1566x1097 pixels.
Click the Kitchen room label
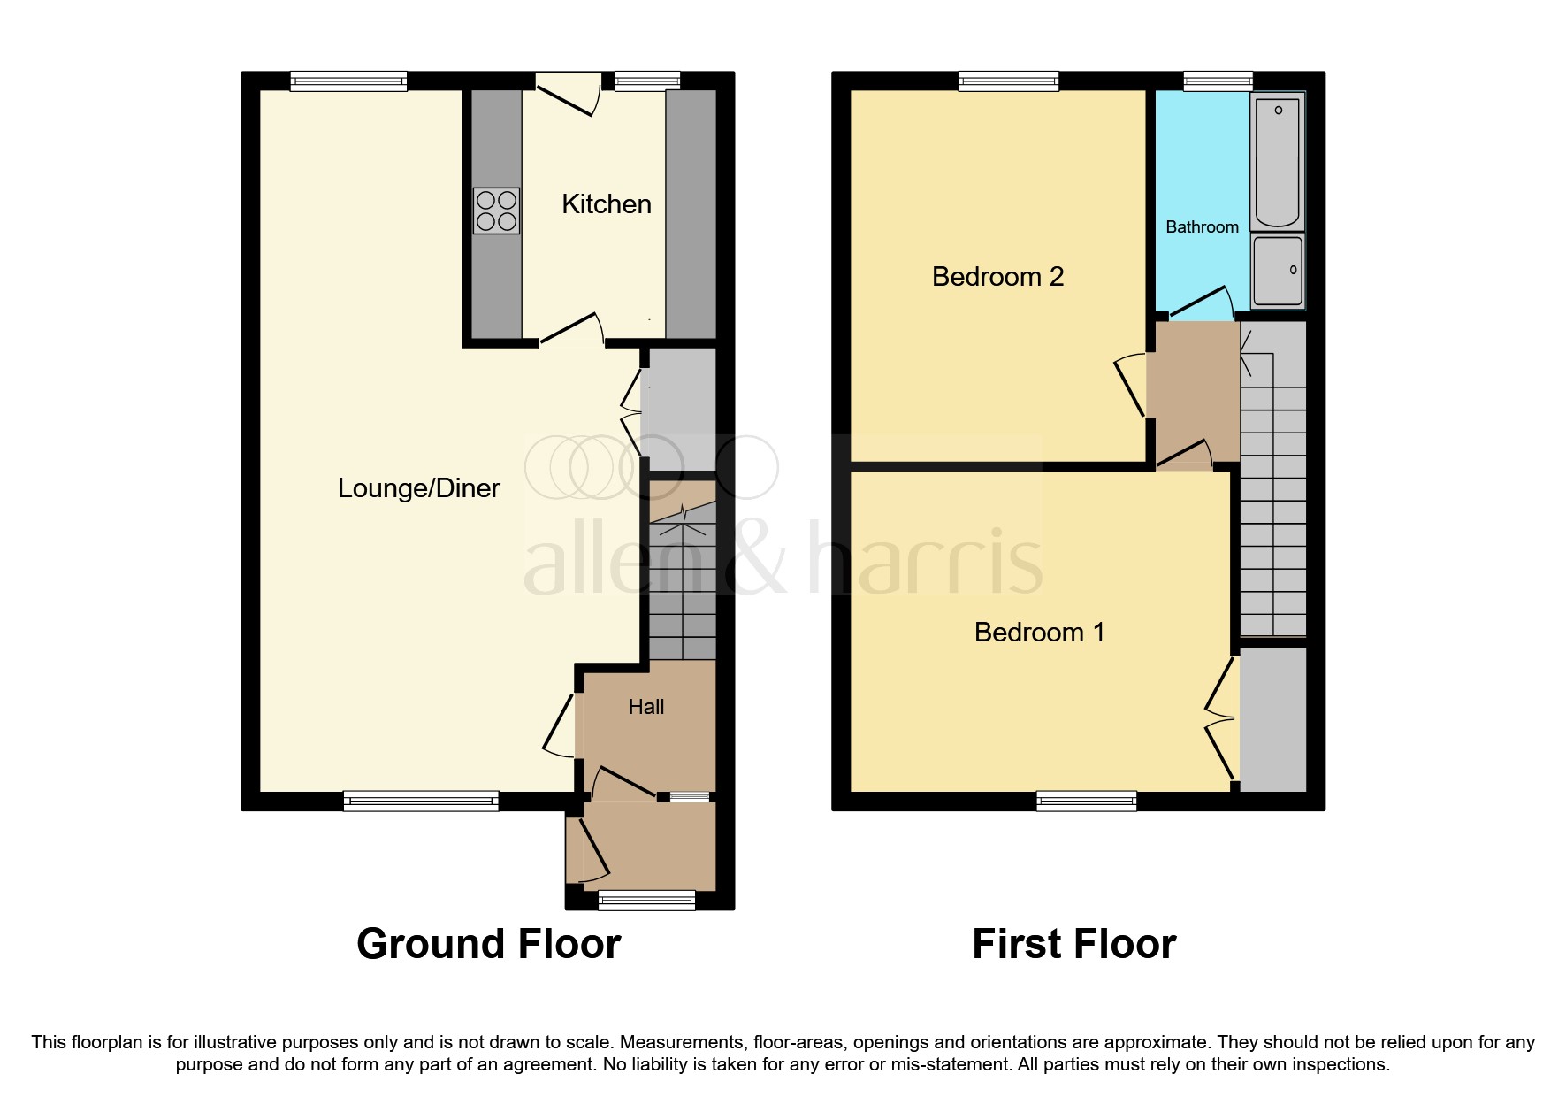(607, 204)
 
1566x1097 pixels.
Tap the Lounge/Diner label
(418, 488)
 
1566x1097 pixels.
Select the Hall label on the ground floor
(645, 707)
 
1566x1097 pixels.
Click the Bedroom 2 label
(997, 277)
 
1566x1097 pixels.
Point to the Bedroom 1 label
(1039, 633)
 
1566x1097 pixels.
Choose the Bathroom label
(1202, 227)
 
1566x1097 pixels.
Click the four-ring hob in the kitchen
(496, 211)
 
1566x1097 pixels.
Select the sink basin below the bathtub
(1278, 270)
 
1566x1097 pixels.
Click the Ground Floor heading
(488, 944)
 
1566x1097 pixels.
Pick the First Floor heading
(1073, 944)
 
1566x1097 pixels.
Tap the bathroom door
(1201, 303)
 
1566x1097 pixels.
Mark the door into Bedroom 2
(1131, 386)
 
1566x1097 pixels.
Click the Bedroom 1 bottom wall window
(1087, 802)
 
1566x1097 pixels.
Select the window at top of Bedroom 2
(1009, 81)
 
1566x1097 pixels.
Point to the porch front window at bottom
(646, 901)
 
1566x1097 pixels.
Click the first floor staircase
(1273, 495)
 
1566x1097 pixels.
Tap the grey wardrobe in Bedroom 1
(1273, 719)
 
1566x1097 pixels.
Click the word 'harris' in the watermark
(925, 562)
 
